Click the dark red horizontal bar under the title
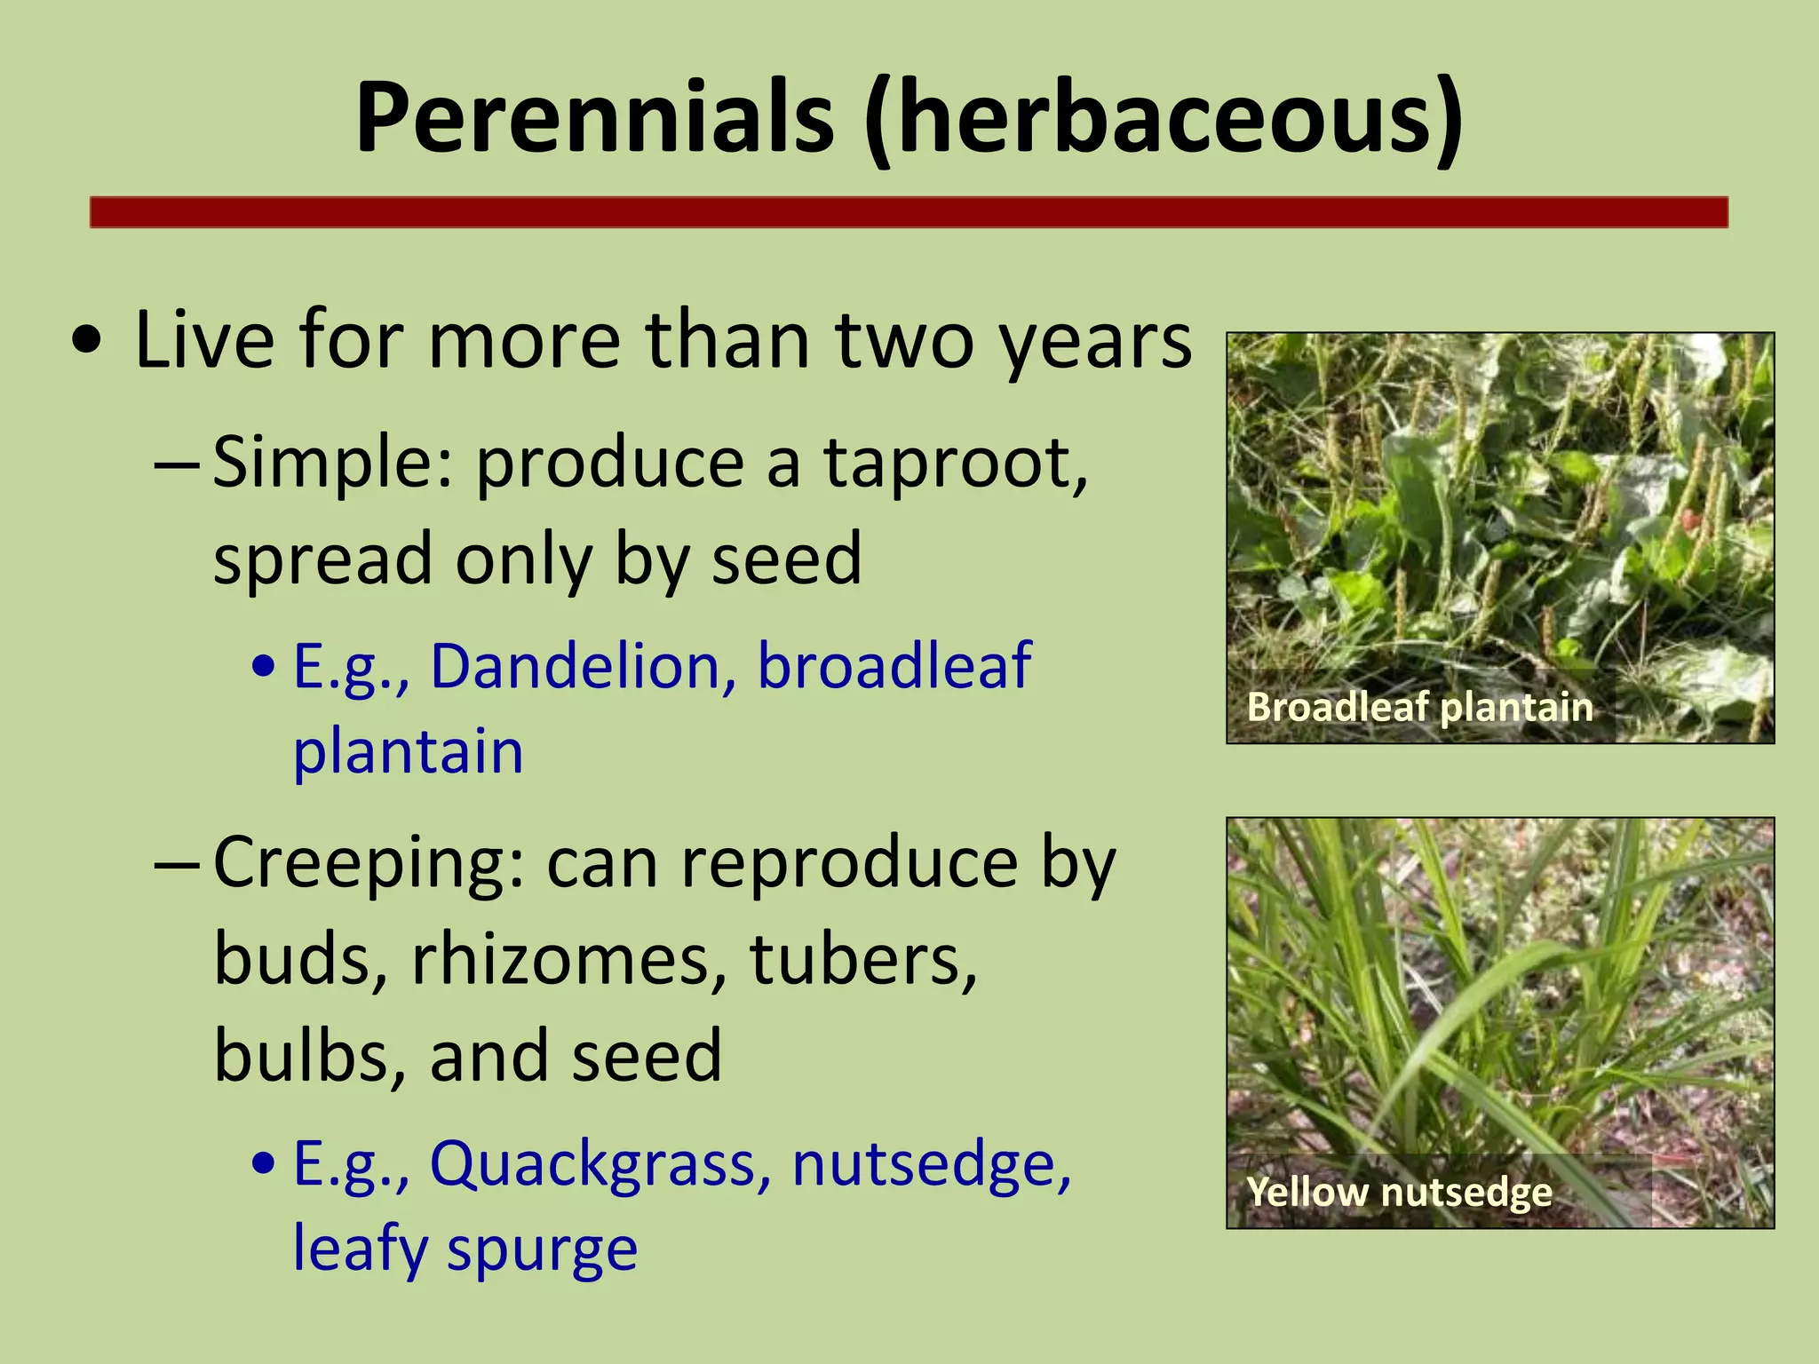(x=908, y=213)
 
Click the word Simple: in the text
(x=334, y=464)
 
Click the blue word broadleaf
(x=894, y=666)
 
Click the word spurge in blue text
(x=542, y=1249)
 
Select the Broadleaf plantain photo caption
(x=1419, y=708)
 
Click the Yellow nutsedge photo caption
(x=1399, y=1192)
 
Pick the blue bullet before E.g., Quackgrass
(x=265, y=1163)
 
